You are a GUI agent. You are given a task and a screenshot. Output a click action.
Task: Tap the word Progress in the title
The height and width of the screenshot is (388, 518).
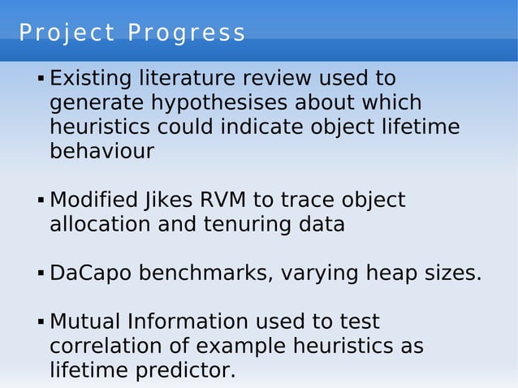coord(187,33)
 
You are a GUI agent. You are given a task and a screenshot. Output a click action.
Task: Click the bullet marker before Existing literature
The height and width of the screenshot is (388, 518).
coord(40,80)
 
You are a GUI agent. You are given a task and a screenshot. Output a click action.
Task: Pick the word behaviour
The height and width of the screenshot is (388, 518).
coord(101,152)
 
